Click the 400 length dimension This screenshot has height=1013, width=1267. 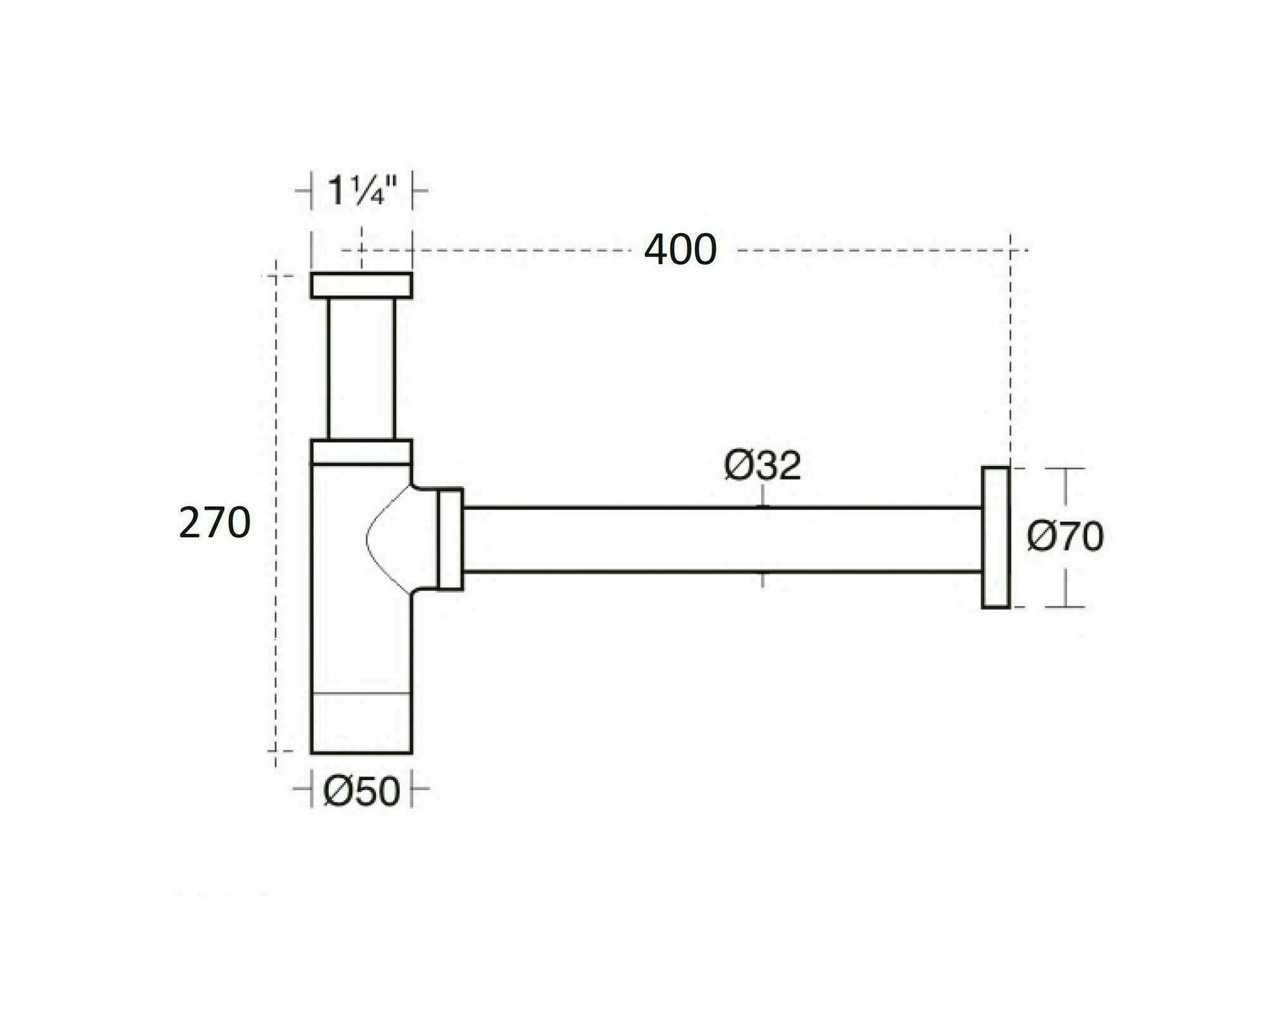(680, 249)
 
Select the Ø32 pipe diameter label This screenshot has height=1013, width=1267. (763, 466)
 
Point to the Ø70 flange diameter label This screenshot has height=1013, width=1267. (1066, 537)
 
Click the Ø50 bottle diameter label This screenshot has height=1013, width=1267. (362, 791)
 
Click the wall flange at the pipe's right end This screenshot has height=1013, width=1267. (995, 538)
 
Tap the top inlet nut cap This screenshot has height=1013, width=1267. (361, 285)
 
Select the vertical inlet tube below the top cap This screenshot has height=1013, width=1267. (361, 368)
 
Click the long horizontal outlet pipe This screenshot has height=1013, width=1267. (723, 540)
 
